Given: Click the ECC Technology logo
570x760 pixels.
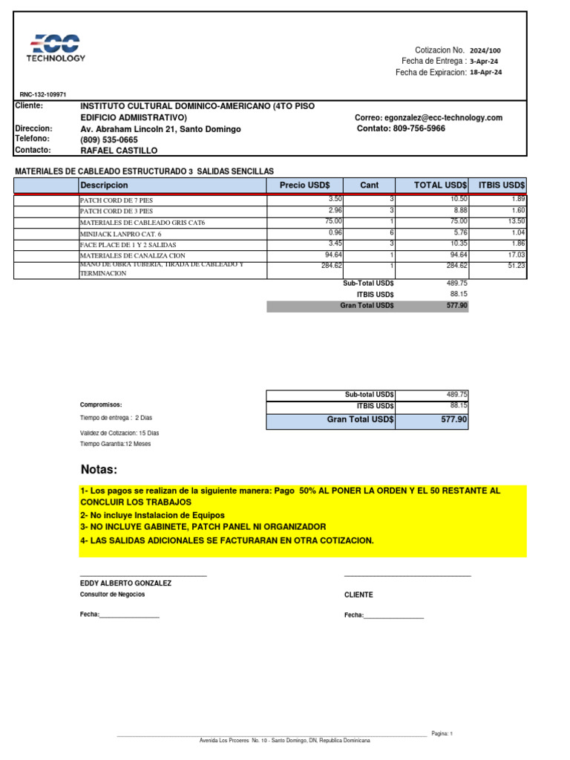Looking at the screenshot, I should [56, 47].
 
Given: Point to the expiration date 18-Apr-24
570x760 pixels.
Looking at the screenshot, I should [486, 73].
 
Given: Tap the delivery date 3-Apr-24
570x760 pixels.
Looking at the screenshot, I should [483, 62].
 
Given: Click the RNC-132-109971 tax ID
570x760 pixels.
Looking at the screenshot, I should [43, 95].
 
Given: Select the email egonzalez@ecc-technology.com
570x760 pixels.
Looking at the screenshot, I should [428, 118].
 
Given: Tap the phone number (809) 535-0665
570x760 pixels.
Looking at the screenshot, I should [108, 140].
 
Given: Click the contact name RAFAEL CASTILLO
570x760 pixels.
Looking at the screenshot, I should [119, 151].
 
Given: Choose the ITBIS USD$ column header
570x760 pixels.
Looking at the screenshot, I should [502, 185].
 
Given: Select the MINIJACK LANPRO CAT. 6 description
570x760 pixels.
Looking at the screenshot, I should [119, 233].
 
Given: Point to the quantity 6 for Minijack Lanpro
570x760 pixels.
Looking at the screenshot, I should [390, 232].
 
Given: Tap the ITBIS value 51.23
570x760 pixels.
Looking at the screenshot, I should [516, 266].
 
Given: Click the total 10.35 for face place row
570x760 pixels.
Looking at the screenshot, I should [457, 243].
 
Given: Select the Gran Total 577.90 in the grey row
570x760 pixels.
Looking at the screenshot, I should [456, 306].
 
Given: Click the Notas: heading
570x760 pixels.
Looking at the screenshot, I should [99, 470].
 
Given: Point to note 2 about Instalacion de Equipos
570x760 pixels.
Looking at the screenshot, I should [151, 515].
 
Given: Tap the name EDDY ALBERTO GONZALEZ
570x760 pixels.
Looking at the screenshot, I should [125, 583].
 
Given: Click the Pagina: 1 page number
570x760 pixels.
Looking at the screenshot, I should [440, 733].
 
